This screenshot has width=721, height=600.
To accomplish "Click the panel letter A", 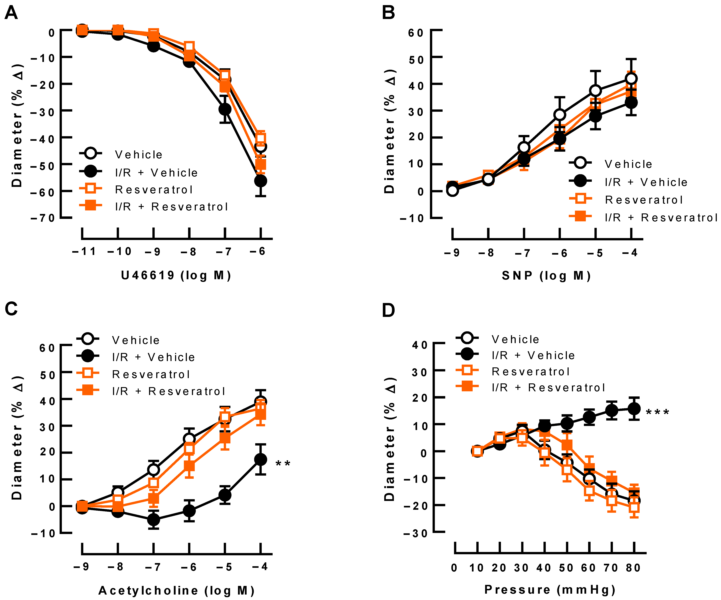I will pyautogui.click(x=11, y=13).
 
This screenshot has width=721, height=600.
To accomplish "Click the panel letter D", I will pyautogui.click(x=388, y=310).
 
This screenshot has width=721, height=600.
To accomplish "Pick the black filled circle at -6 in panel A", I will pyautogui.click(x=261, y=181).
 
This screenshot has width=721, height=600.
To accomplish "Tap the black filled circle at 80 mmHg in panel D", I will pyautogui.click(x=634, y=409).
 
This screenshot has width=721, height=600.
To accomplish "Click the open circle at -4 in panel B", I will pyautogui.click(x=631, y=79).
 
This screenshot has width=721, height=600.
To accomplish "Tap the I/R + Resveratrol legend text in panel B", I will pyautogui.click(x=661, y=217).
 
